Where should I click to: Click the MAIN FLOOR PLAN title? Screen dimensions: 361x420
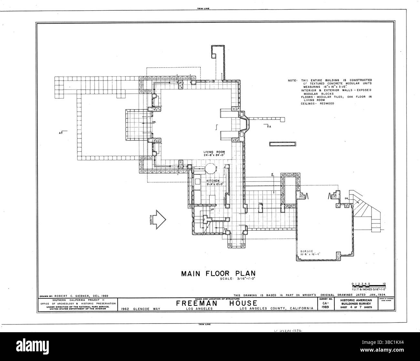tap(218, 273)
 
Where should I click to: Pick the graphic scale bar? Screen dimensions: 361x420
tap(368, 286)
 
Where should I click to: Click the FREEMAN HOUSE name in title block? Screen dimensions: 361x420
tap(216, 303)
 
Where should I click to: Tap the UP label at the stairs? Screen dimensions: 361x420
tap(212, 209)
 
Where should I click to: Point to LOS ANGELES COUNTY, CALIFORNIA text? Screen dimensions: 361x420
tap(277, 309)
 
